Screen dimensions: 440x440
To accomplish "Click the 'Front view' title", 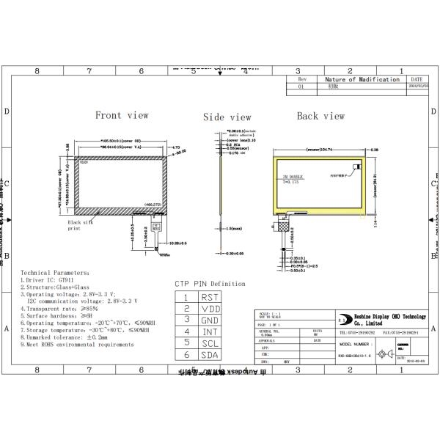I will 122,115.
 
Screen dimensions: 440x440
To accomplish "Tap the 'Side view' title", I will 227,117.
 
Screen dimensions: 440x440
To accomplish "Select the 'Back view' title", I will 320,116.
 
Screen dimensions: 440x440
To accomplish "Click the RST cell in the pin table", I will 209,297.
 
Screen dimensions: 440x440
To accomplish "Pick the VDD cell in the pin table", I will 209,308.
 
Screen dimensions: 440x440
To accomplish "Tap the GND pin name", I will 209,320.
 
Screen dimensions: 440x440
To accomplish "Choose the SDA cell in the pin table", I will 209,354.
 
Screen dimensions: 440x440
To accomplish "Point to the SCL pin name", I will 209,342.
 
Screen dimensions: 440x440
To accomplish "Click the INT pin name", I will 209,331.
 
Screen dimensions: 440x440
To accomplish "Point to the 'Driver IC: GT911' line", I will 52,279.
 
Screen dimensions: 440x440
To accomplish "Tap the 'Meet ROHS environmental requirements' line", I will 77,343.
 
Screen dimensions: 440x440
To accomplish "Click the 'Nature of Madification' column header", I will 362,78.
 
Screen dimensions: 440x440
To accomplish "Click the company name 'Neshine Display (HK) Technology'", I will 388,317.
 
